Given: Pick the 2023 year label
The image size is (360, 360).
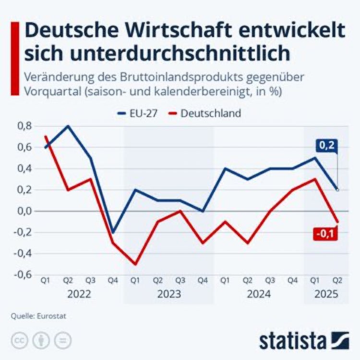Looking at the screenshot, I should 169,294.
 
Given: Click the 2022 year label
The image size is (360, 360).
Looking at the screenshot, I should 79,294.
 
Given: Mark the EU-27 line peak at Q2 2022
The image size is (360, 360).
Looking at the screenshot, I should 68,126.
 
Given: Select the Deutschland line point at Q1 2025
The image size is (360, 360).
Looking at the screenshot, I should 314,179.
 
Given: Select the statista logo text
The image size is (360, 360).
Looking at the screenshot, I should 292,341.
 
